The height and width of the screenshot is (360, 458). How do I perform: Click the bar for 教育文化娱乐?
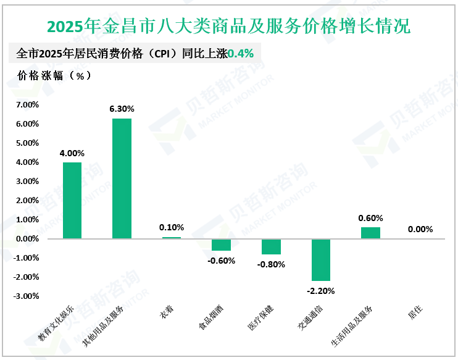72,200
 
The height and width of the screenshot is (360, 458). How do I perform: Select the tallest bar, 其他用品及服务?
122,178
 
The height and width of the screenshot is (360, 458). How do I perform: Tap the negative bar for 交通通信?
321,259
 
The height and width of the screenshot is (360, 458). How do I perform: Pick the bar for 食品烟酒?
221,245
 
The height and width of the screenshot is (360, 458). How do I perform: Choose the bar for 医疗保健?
271,246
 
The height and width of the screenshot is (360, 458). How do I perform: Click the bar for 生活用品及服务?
370,233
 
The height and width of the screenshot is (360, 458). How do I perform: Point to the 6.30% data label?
122,109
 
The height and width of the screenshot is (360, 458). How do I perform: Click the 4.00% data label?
72,153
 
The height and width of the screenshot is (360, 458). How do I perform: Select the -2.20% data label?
321,290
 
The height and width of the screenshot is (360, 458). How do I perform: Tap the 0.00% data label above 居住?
420,229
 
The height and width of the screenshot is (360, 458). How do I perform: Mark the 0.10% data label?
172,227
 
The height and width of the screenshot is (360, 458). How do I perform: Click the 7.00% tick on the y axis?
27,105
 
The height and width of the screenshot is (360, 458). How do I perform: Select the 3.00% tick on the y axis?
27,182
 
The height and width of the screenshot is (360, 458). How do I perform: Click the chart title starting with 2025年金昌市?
228,27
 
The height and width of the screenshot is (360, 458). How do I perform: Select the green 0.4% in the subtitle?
241,54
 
